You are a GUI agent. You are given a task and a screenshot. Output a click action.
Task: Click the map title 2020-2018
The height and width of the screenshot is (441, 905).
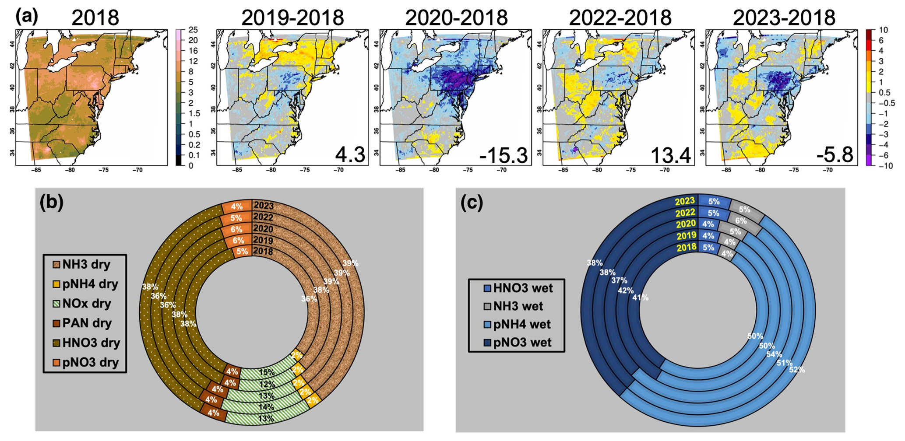(x=456, y=18)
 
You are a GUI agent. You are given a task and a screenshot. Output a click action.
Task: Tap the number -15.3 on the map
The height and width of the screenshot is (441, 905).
(x=503, y=155)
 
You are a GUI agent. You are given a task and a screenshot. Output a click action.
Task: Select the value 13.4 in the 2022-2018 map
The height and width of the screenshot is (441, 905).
(x=670, y=155)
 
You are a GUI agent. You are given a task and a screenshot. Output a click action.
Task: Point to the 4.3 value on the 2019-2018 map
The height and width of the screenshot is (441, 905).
(x=350, y=155)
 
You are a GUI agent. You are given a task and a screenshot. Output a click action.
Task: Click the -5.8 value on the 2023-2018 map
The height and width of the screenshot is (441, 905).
(x=835, y=155)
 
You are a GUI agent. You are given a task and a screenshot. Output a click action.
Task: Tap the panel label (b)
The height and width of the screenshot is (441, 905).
(x=52, y=202)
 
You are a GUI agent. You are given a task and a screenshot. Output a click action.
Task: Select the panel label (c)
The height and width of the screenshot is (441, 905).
(x=472, y=203)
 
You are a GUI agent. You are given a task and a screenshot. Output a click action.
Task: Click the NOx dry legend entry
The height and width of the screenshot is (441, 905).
(x=86, y=304)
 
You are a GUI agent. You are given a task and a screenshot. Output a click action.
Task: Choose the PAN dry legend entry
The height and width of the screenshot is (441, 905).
(x=86, y=323)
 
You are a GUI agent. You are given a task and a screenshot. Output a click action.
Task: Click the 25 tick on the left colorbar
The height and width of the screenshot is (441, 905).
(x=193, y=30)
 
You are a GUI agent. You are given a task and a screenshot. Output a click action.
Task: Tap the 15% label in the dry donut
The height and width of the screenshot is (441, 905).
(x=267, y=373)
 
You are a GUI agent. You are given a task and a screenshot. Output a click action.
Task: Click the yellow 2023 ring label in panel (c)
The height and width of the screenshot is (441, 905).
(x=685, y=201)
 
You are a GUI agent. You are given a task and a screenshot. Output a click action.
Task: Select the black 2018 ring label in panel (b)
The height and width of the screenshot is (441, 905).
(x=263, y=252)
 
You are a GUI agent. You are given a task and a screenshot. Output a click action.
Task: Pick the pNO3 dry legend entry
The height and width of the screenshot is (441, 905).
(x=90, y=363)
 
